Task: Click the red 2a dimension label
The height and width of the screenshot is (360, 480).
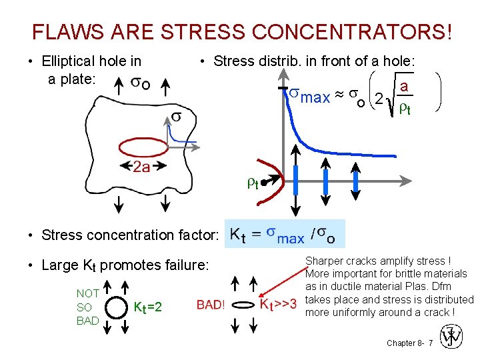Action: [x=141, y=167]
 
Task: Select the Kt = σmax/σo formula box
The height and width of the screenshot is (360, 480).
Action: [x=285, y=234]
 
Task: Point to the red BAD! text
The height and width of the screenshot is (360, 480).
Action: [x=210, y=306]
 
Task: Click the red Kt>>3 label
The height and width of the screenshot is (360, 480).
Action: [x=278, y=306]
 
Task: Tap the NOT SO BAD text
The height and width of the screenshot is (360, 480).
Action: [x=88, y=307]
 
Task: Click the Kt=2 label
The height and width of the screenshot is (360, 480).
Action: [x=148, y=307]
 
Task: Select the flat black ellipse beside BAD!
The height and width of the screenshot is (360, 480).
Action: [x=242, y=305]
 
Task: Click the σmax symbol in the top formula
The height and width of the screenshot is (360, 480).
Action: [x=311, y=97]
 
